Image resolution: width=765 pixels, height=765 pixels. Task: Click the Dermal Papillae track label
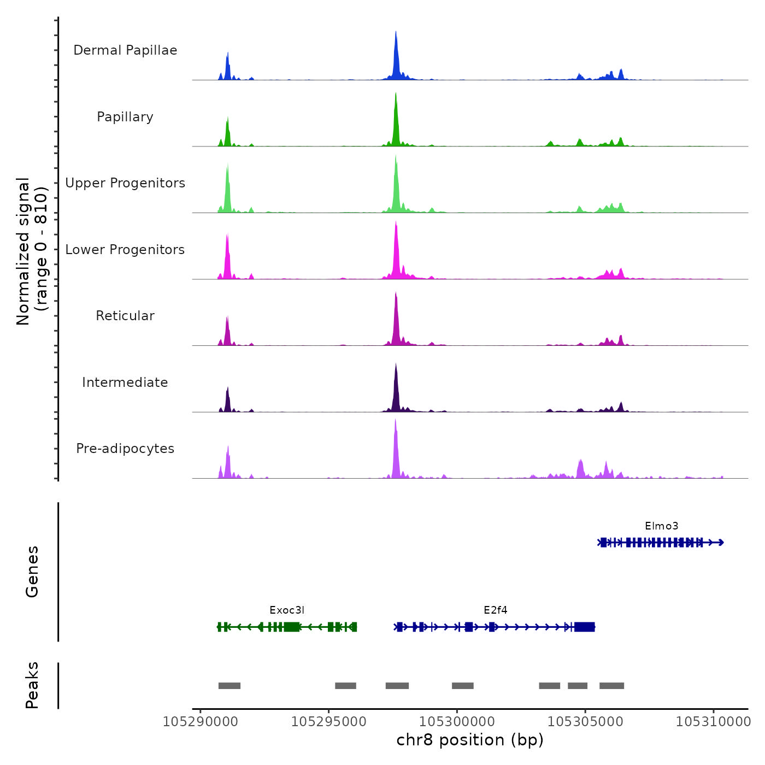125,50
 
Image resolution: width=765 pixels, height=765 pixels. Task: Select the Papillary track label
125,117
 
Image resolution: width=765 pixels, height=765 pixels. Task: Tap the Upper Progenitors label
125,183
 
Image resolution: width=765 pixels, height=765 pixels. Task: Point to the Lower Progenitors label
125,250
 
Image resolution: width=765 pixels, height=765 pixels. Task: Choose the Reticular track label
125,316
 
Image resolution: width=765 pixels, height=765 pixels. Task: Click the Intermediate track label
125,382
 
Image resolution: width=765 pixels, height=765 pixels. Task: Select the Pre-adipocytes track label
125,449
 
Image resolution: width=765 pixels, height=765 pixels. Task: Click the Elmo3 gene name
661,526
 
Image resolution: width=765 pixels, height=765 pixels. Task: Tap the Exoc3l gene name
287,610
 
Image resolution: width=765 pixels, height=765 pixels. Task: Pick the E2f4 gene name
495,610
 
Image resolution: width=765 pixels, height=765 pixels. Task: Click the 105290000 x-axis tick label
201,722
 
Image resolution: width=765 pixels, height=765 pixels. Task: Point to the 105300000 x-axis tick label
457,722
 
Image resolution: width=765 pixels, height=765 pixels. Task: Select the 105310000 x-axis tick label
713,722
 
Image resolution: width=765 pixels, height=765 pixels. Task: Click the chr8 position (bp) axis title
470,740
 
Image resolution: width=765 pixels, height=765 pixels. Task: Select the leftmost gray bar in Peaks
229,686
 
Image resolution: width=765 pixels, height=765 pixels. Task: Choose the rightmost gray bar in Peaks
611,686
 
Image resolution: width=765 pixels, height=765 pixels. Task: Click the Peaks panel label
32,685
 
